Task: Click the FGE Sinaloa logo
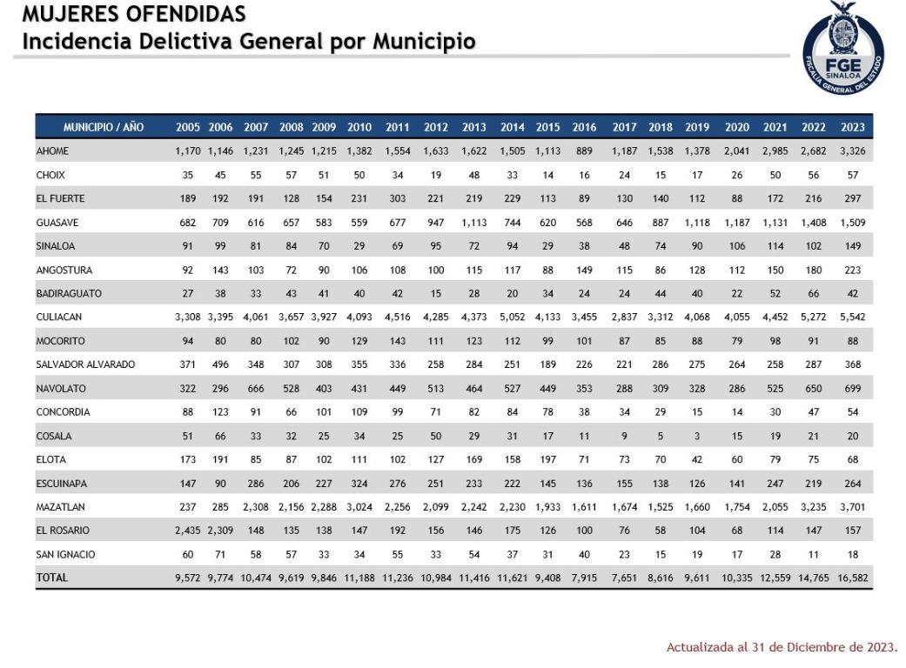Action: (842, 47)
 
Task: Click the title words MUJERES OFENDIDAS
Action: (133, 14)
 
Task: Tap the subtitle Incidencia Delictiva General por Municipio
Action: (249, 41)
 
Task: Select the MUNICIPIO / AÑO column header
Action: (103, 127)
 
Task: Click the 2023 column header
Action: (853, 127)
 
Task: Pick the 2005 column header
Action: (188, 127)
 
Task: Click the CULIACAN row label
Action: (59, 317)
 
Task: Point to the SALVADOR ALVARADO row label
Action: (85, 364)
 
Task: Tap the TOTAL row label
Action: (51, 578)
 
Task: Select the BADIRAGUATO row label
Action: (68, 293)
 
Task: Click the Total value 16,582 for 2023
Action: (852, 578)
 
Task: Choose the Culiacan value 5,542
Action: (852, 317)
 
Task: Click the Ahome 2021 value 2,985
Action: (775, 151)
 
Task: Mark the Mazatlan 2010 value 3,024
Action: (359, 506)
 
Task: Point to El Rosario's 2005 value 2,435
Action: (188, 531)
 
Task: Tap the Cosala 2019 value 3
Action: (697, 436)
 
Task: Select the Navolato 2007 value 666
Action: (256, 388)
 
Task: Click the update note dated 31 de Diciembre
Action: (781, 647)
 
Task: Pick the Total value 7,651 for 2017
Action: (624, 578)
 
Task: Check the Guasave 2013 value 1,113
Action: (474, 222)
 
